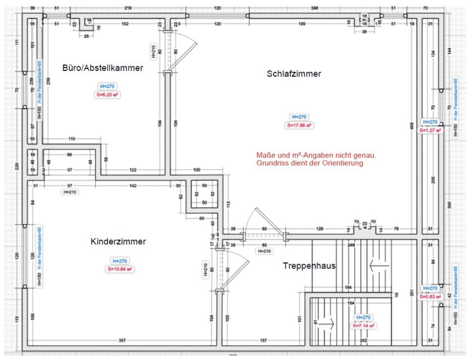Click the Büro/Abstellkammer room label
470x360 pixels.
click(102, 68)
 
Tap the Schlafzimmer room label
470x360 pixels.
click(294, 74)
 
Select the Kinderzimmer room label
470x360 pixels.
click(118, 241)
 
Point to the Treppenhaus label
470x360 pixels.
click(309, 266)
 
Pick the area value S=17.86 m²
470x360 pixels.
click(299, 125)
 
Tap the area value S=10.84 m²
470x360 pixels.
click(120, 269)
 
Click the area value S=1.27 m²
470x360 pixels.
click(430, 131)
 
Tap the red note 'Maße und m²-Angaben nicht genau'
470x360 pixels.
click(316, 155)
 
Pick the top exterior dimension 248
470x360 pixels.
click(314, 8)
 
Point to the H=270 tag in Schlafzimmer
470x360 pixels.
click(299, 117)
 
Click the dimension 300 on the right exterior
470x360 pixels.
click(450, 204)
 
